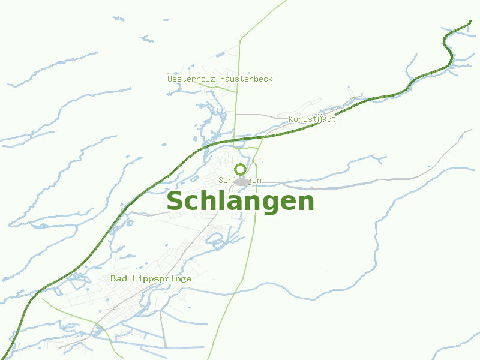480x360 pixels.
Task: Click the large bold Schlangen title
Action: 240,202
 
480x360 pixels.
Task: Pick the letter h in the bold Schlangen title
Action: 207,201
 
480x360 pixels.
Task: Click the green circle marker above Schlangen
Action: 240,169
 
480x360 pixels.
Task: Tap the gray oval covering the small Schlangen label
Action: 242,181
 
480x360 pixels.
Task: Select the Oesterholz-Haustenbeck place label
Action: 220,79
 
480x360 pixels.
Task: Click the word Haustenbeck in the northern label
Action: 246,79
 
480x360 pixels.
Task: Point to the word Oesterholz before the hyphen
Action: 191,79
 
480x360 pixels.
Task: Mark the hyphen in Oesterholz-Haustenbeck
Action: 217,79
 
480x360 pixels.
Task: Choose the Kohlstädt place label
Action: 313,119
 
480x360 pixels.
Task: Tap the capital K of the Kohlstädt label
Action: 291,119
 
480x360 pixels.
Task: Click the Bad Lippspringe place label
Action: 151,278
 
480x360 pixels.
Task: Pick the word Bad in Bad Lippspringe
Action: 118,278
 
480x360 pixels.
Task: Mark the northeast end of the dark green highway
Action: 471,22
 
